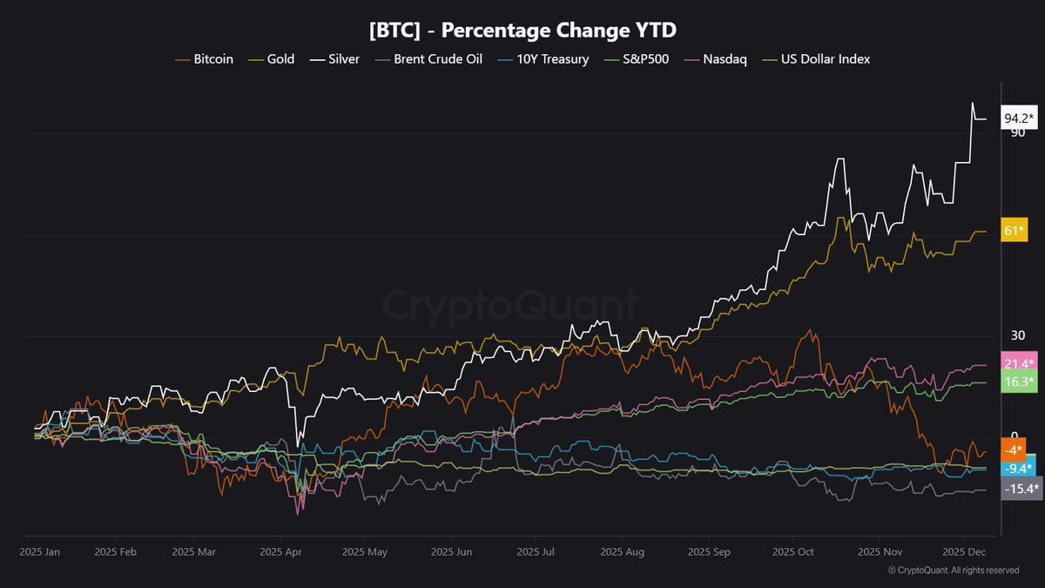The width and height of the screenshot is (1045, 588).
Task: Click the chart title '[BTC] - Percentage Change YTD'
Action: [522, 30]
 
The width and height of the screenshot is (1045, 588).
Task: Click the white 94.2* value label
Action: [1019, 118]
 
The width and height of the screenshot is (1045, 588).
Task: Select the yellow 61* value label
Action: [1014, 230]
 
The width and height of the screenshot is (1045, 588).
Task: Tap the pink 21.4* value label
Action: [1019, 363]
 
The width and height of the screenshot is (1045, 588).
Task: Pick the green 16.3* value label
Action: [1019, 382]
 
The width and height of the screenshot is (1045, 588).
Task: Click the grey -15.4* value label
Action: [1020, 489]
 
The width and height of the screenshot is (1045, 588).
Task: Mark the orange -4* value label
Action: [1013, 450]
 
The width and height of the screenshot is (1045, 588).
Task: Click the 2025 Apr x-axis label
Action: [280, 552]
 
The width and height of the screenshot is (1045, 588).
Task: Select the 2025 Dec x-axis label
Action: [964, 552]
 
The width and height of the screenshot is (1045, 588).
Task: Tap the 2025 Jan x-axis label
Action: [40, 552]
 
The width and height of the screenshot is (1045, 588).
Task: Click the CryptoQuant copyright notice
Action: [954, 571]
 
